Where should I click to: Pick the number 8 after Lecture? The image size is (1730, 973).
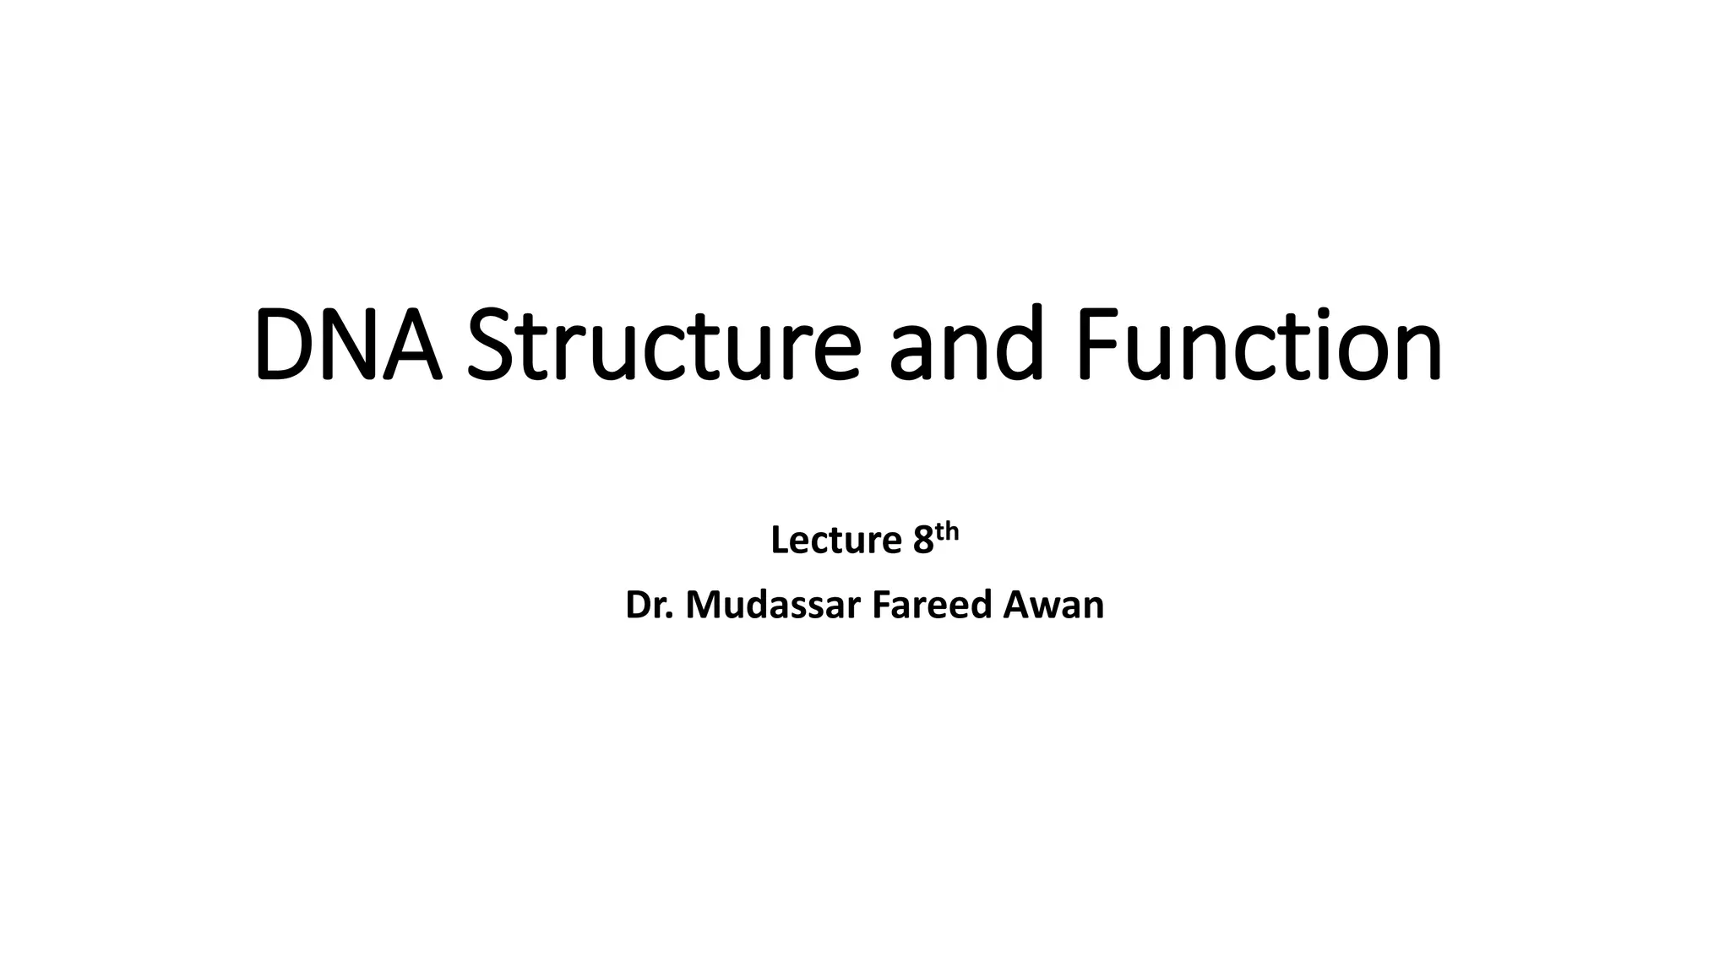(x=922, y=541)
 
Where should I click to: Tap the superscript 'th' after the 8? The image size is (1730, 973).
(x=947, y=531)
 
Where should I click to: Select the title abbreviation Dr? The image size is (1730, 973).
(x=649, y=606)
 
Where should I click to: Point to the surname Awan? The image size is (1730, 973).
(x=1053, y=606)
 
